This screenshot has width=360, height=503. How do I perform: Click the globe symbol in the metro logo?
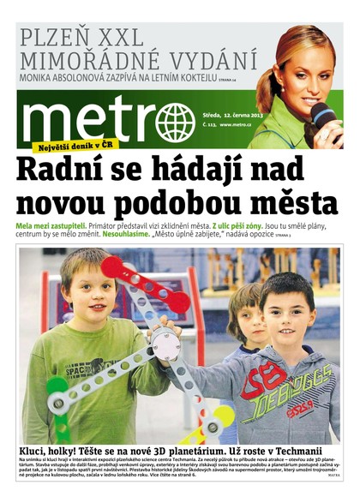[176, 122]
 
